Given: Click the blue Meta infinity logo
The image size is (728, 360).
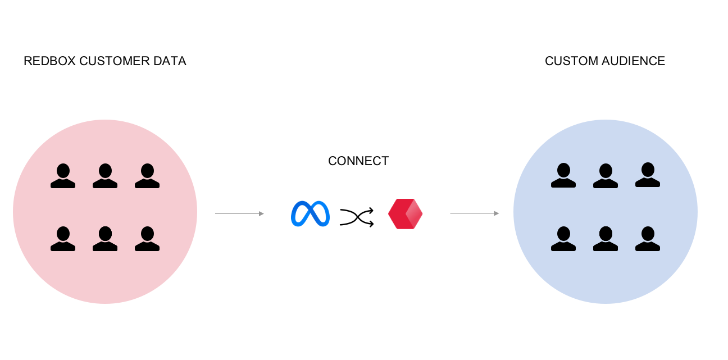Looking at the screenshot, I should point(310,214).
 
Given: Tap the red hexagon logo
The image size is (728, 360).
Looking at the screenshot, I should point(405,214).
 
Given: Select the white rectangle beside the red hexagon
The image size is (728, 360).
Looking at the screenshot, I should point(461,214).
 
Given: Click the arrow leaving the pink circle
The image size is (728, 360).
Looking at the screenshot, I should point(239,214).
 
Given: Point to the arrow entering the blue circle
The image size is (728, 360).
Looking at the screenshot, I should point(475,213).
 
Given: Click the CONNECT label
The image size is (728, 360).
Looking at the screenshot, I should point(358,161).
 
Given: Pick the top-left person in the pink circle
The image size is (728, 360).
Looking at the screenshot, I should point(62,176).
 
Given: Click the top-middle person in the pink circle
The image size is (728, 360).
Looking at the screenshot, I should point(105,176).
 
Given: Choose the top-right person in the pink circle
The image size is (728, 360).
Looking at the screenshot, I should point(147,176).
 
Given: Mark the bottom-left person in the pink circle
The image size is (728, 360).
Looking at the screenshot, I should point(62,239).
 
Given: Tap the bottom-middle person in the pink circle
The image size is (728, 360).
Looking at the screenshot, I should point(105,239).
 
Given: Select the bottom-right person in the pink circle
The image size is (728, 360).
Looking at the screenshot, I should point(147,239).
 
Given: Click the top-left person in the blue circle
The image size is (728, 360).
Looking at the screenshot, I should point(563,176).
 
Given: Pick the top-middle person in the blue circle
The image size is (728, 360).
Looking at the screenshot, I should point(606,176).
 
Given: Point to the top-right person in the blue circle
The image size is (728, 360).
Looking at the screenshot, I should point(648,175).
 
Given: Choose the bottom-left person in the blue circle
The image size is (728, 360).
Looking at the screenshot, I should point(563,239).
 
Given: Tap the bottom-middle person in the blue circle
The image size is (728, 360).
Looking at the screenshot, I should point(606,239).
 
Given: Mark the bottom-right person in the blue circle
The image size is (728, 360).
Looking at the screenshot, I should point(648,239).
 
